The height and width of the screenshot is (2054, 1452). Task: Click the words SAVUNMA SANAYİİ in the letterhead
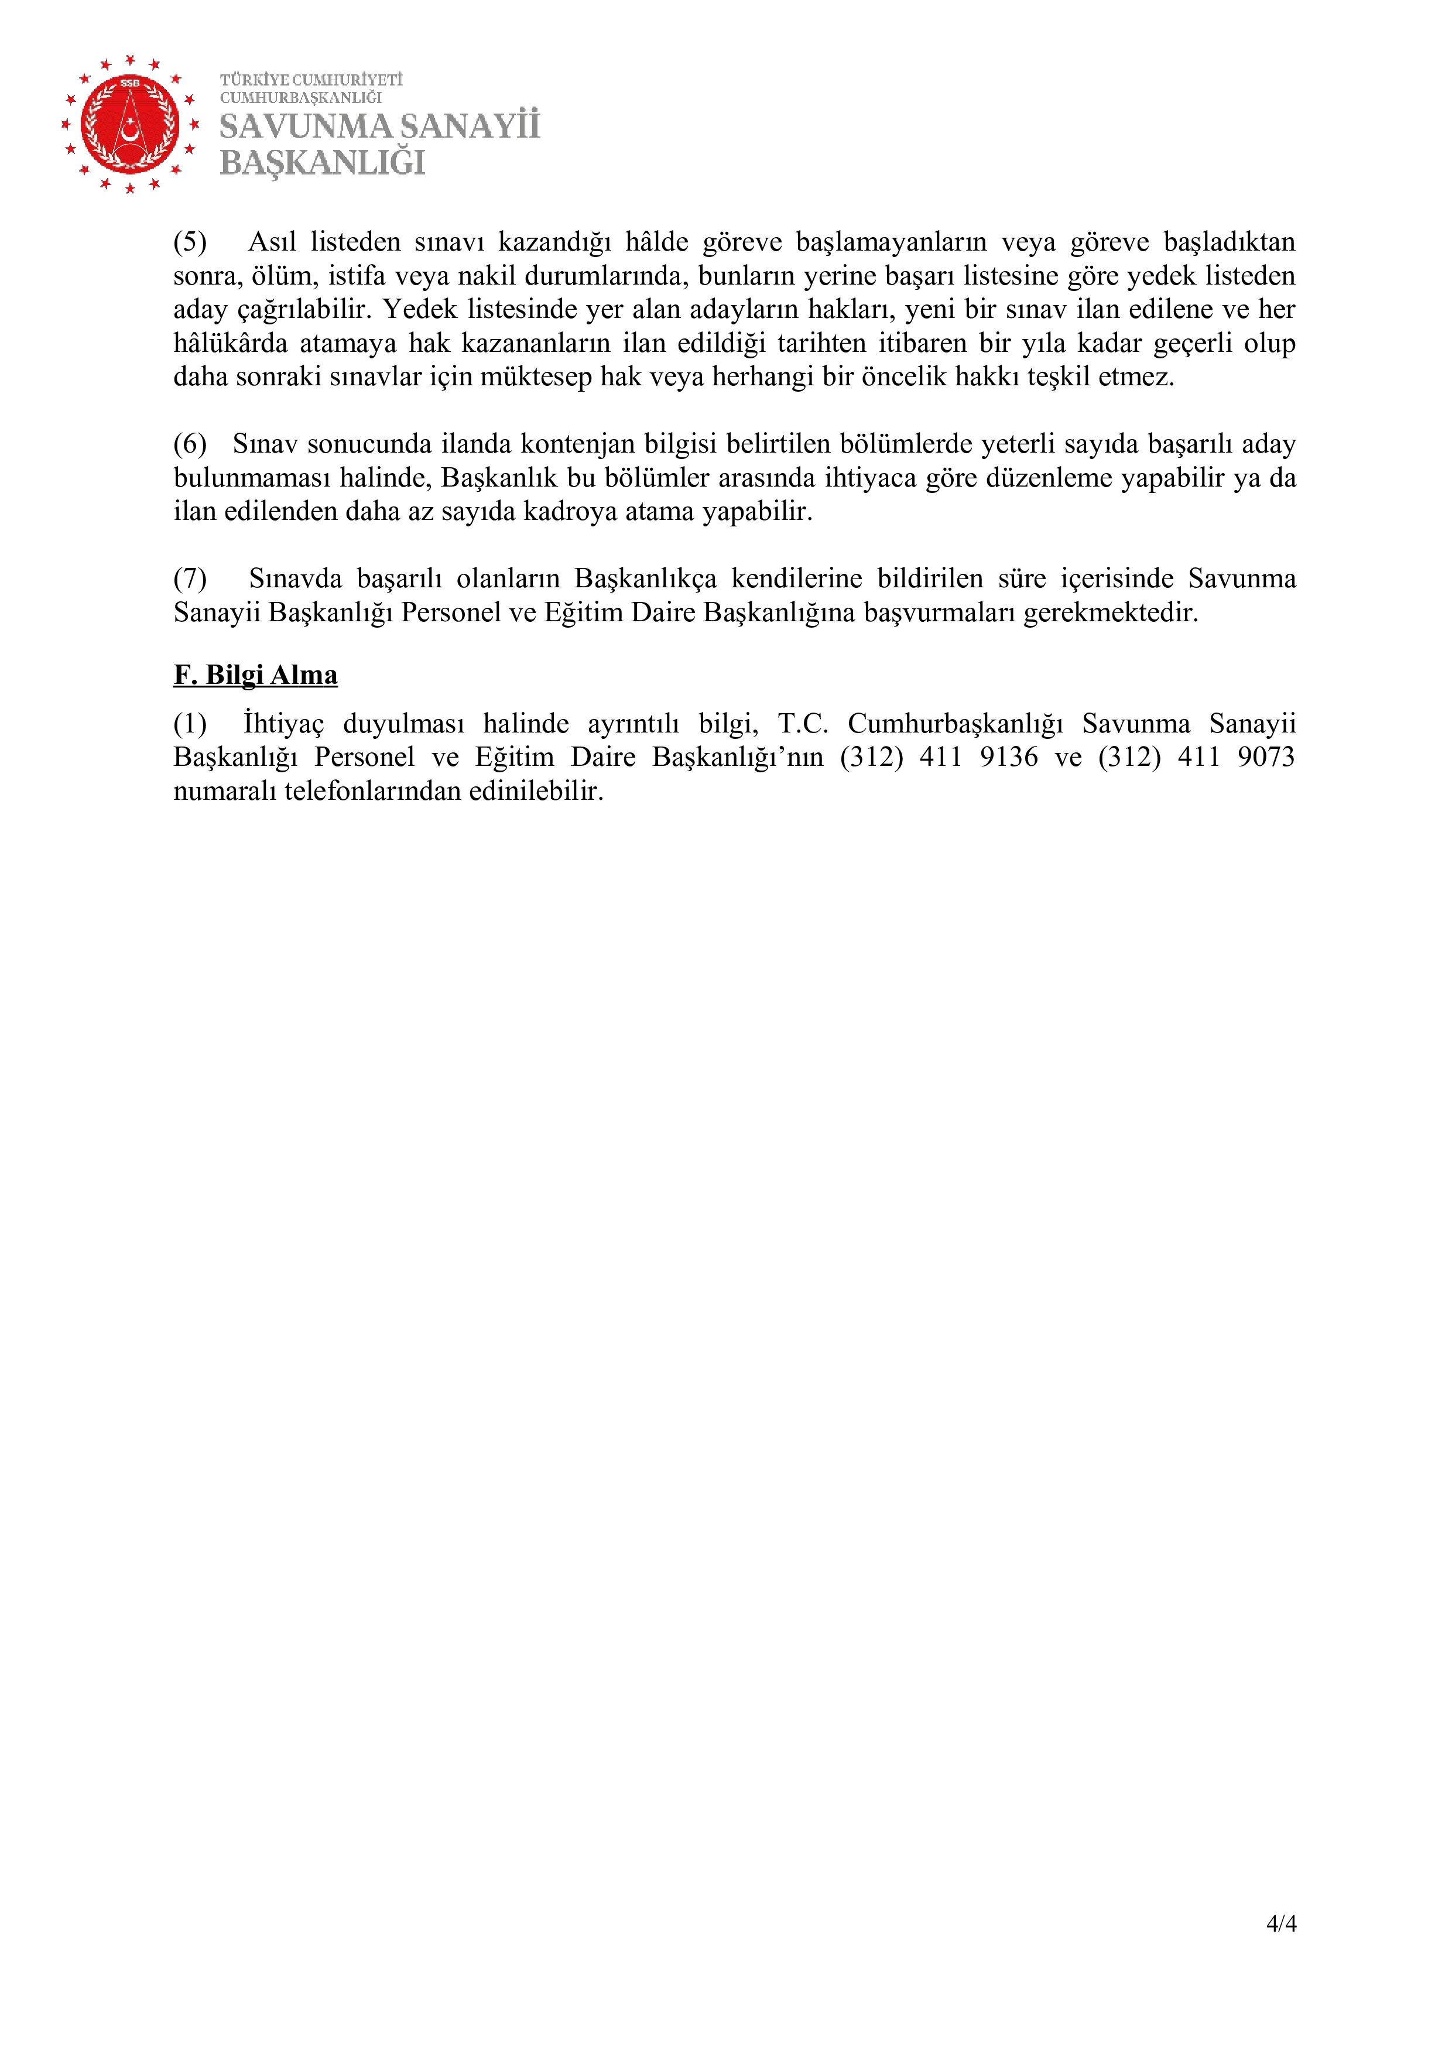(x=379, y=127)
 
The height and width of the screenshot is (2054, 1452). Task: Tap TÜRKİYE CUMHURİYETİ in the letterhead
(x=311, y=80)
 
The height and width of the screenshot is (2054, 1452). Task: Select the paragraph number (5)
(x=190, y=242)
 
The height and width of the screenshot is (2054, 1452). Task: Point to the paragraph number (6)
(x=190, y=444)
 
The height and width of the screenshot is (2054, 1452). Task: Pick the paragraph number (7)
(x=190, y=579)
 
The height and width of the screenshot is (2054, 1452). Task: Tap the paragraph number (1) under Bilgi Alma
(x=190, y=723)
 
